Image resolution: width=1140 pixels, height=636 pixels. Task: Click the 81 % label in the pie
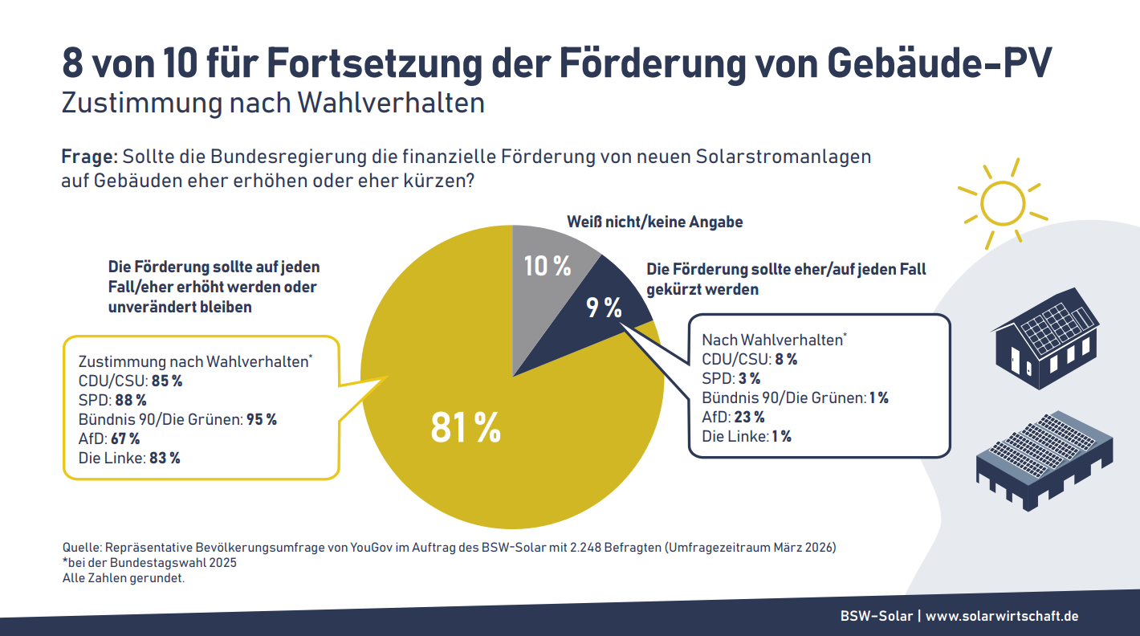pos(466,428)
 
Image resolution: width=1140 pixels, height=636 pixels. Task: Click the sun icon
pos(1003,202)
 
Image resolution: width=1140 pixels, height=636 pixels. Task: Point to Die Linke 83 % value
pos(165,458)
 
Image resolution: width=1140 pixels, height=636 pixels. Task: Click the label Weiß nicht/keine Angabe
pos(654,222)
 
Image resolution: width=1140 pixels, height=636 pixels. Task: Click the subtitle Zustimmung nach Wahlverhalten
pos(273,104)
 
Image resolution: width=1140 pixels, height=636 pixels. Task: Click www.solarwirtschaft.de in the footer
pos(1001,616)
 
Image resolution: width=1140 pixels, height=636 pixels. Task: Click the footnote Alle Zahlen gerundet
pos(124,577)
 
